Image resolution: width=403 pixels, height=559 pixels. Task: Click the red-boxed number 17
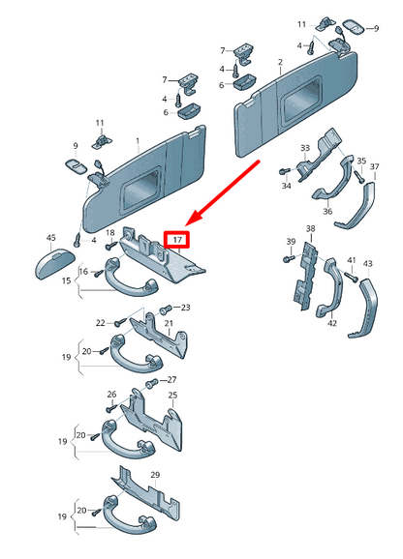click(x=177, y=240)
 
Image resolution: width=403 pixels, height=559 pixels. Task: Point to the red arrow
click(x=223, y=193)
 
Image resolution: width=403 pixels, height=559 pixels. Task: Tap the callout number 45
click(x=51, y=238)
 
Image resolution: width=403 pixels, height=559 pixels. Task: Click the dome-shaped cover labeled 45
click(x=55, y=264)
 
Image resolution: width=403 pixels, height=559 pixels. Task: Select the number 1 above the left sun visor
click(x=139, y=141)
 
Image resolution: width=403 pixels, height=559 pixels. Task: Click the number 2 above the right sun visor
click(x=280, y=62)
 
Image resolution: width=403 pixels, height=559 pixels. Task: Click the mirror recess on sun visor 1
click(x=139, y=191)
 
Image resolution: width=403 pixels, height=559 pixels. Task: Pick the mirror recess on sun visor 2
click(x=300, y=100)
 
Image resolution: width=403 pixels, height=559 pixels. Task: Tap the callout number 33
click(x=305, y=148)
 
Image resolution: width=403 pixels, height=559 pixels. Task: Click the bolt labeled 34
click(x=284, y=172)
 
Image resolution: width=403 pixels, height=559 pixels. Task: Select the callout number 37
click(x=375, y=166)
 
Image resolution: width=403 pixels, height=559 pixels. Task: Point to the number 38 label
click(x=311, y=228)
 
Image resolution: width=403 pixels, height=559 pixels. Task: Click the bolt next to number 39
click(x=289, y=258)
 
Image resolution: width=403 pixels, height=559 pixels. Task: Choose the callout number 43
click(x=368, y=263)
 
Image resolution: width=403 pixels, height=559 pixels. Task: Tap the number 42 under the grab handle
click(x=332, y=323)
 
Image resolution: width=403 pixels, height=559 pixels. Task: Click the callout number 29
click(x=155, y=475)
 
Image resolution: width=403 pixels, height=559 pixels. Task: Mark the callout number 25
click(x=172, y=395)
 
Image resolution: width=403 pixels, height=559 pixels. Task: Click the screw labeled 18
click(x=111, y=246)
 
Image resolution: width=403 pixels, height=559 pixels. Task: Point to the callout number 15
click(x=67, y=280)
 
